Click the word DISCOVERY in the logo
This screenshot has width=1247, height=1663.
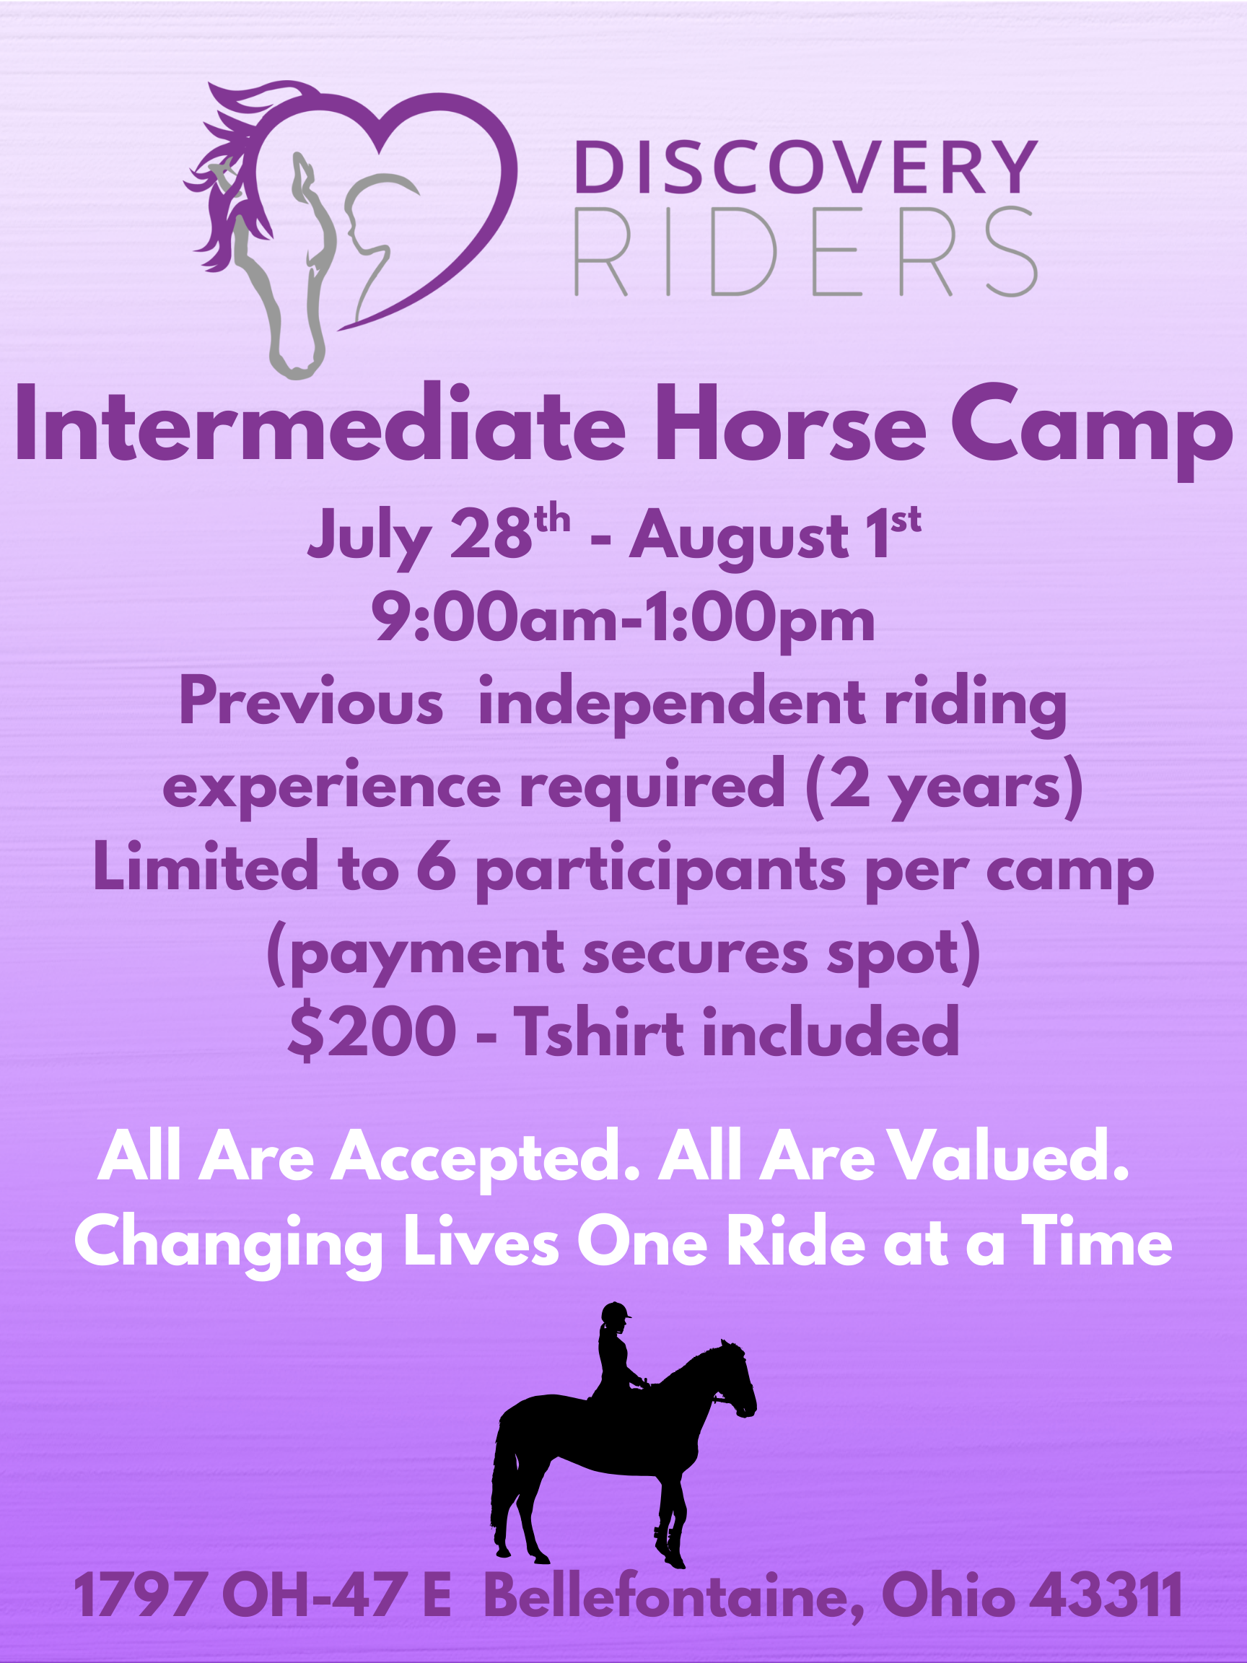(806, 167)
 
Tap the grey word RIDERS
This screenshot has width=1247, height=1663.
(806, 252)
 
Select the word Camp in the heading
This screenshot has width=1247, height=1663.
(1091, 432)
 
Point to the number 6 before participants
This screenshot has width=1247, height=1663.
(437, 868)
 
